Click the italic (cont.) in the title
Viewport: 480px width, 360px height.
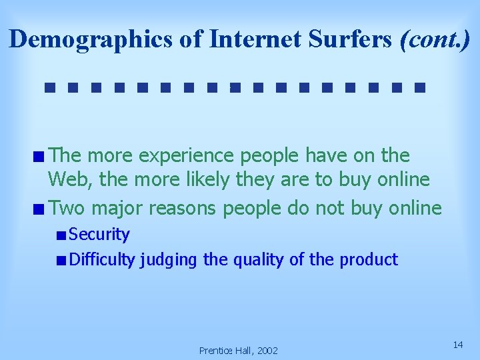[435, 40]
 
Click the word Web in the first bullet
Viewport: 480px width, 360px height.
[65, 180]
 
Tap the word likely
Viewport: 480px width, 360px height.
[199, 180]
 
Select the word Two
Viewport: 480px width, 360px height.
[67, 208]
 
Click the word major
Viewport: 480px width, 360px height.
[117, 208]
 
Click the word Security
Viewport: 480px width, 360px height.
[99, 235]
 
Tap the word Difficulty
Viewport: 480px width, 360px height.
[103, 259]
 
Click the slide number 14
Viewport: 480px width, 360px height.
[457, 345]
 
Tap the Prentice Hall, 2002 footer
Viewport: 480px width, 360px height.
[239, 351]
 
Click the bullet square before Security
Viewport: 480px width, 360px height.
[61, 235]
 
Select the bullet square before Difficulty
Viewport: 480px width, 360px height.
[61, 260]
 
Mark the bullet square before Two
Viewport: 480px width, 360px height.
[41, 209]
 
